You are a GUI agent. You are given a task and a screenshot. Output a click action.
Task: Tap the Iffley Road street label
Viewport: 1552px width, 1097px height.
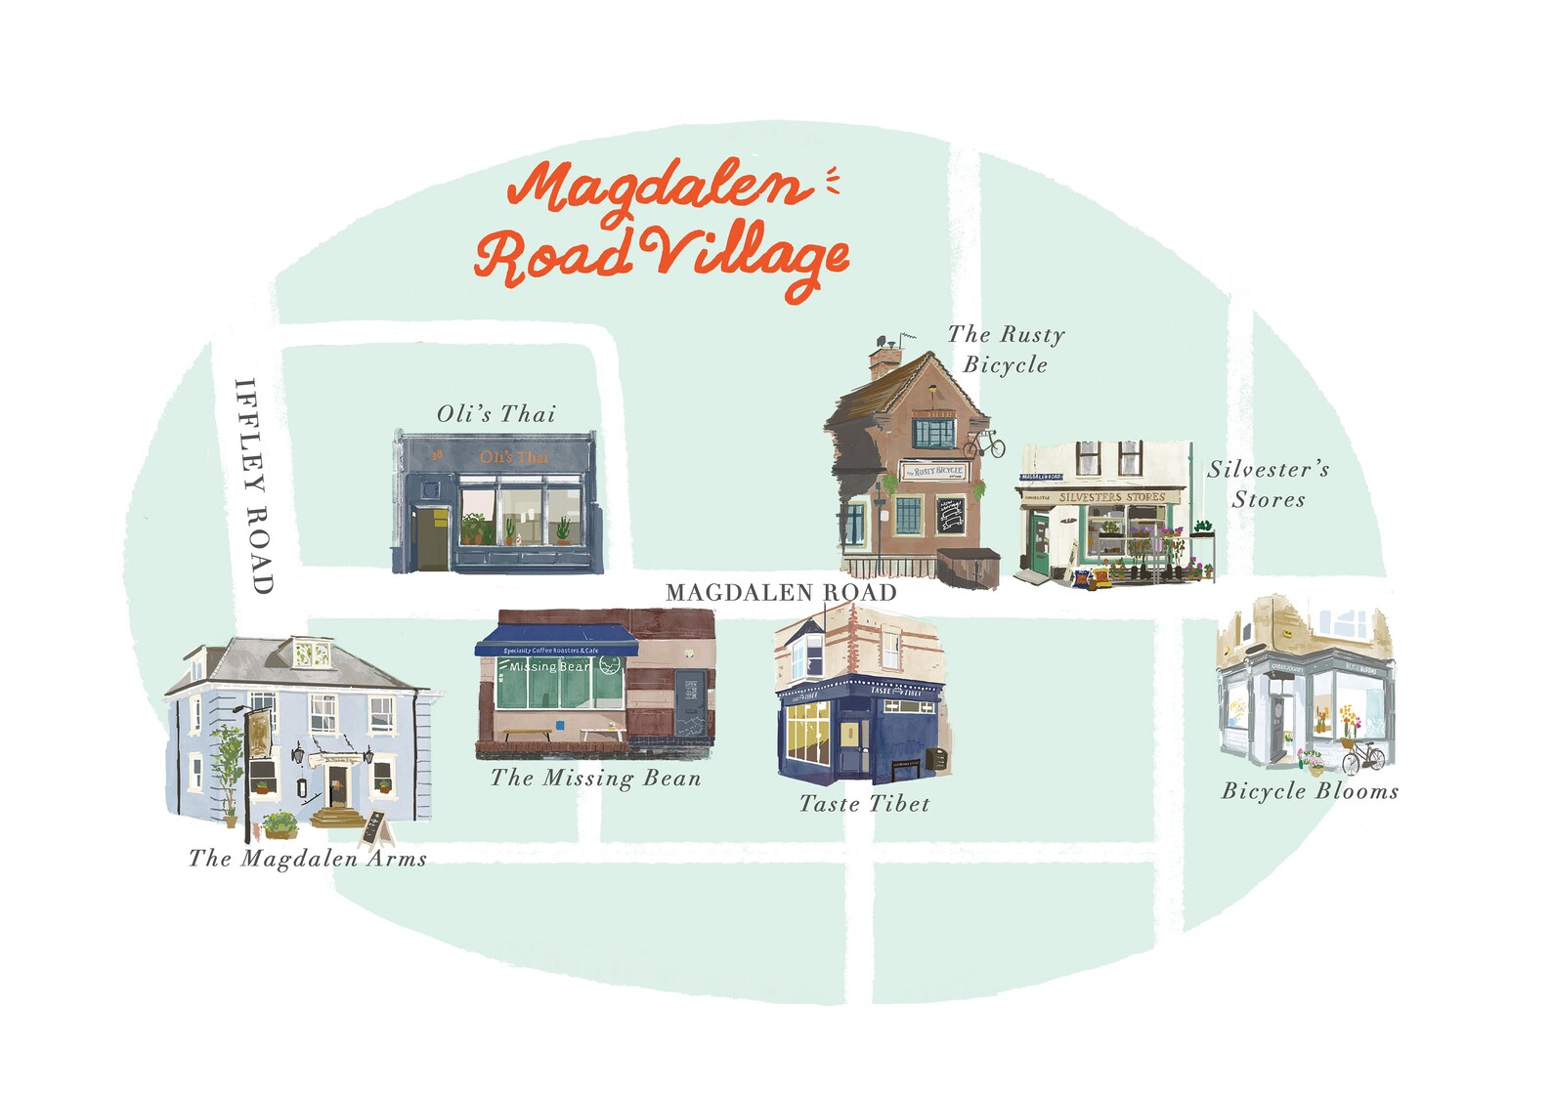253,485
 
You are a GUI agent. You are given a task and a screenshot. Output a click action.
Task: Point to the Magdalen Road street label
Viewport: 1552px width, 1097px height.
780,592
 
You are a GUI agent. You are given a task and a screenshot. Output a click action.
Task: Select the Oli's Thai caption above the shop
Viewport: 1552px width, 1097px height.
496,414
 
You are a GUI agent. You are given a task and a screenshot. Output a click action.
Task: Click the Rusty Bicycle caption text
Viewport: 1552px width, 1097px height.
1006,349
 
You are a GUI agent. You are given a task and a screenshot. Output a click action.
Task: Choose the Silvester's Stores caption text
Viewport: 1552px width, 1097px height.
1269,484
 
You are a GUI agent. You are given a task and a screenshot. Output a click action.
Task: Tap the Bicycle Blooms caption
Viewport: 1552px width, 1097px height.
1310,791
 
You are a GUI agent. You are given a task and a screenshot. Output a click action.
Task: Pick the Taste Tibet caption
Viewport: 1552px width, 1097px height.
865,804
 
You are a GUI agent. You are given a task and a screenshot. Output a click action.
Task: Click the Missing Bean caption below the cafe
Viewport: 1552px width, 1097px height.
596,779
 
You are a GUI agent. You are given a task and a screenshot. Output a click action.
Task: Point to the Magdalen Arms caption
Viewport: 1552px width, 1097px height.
308,859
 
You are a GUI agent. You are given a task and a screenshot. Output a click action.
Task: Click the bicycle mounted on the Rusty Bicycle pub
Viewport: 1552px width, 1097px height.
984,444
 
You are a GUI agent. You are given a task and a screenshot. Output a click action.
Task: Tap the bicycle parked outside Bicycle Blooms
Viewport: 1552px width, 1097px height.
1363,756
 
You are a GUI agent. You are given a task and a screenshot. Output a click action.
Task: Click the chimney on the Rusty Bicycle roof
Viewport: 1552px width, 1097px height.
884,360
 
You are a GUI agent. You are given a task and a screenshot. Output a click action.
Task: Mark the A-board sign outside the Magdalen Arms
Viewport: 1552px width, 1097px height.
376,828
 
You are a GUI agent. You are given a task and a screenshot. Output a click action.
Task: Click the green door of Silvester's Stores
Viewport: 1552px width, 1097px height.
1038,546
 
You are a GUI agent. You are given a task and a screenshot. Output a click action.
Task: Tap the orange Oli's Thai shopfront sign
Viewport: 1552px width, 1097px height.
514,457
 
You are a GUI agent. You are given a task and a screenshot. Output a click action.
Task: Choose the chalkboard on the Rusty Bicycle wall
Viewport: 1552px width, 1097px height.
950,514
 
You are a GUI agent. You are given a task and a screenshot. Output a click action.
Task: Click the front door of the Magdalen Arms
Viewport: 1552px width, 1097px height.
338,784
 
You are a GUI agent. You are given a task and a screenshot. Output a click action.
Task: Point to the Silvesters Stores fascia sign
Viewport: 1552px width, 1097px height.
1112,497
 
